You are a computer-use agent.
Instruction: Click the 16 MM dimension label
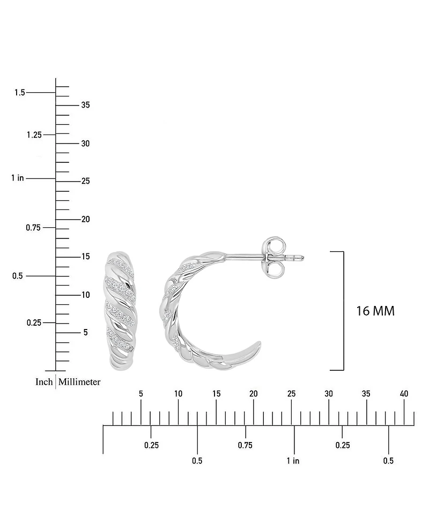click(x=375, y=311)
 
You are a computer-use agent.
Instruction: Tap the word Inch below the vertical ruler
click(x=44, y=382)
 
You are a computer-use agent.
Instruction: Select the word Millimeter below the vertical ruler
click(x=79, y=382)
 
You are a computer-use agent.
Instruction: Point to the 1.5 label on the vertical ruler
click(x=19, y=93)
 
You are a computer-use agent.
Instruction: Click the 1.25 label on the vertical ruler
click(x=34, y=134)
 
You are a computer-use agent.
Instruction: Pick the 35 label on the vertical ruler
click(x=85, y=105)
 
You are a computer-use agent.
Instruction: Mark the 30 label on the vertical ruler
click(x=85, y=144)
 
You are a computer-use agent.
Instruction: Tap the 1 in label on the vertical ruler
click(x=17, y=178)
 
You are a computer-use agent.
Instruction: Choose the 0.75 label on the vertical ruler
click(x=34, y=228)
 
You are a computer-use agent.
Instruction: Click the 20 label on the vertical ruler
click(x=85, y=219)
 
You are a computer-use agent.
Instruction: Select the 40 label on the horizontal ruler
click(x=404, y=394)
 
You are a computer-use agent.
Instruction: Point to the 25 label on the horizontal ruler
click(x=291, y=394)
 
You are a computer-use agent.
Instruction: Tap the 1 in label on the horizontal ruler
click(x=293, y=460)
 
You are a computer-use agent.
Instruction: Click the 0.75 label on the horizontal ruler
click(x=245, y=445)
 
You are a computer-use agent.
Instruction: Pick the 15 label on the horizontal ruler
click(x=216, y=394)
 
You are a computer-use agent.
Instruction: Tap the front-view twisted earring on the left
click(x=121, y=311)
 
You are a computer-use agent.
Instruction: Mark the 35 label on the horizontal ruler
click(x=366, y=394)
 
